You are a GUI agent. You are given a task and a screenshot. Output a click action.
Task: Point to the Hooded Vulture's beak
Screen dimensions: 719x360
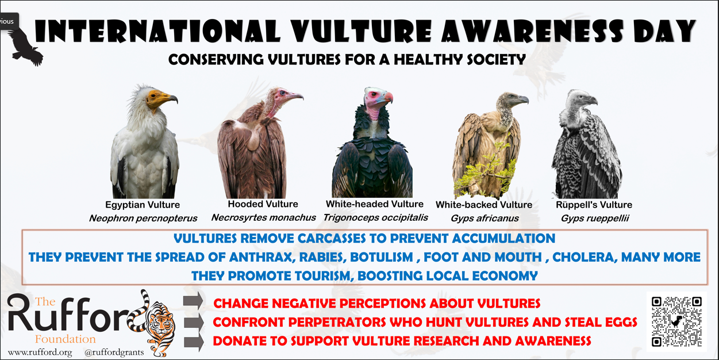(x=294, y=95)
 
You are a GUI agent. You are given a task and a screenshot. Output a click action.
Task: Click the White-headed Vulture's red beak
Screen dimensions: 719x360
(x=388, y=97)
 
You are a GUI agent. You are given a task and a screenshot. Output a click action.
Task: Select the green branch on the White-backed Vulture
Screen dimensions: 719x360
(x=485, y=170)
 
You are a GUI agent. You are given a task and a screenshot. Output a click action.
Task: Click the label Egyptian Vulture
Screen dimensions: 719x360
(x=143, y=205)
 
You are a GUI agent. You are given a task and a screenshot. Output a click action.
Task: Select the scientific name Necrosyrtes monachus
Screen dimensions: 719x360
(x=264, y=218)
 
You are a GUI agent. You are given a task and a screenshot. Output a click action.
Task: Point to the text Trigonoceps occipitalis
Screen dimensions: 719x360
(x=375, y=218)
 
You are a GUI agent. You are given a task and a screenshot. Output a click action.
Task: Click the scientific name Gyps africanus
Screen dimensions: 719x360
(x=485, y=219)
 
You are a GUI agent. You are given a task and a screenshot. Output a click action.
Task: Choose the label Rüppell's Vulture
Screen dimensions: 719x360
(x=594, y=205)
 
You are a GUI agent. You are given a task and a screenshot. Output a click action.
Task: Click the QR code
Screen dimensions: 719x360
(x=676, y=322)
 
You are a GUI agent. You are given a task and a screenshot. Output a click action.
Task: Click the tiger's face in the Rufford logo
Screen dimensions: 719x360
(x=161, y=324)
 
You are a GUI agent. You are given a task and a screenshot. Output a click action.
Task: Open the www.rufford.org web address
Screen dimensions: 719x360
(x=40, y=353)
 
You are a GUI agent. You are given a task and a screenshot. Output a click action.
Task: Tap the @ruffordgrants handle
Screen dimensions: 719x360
(x=114, y=353)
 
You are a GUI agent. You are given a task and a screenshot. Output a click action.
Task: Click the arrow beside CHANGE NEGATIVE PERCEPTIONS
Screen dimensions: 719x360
(x=193, y=301)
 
